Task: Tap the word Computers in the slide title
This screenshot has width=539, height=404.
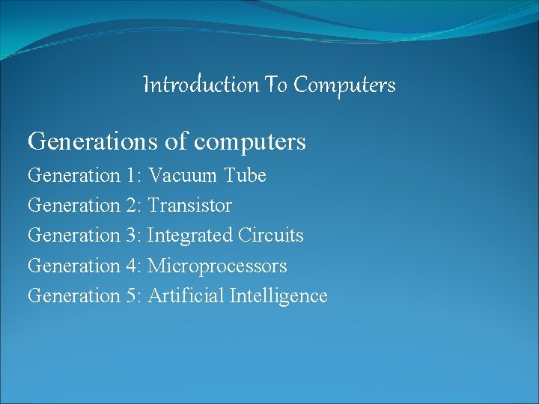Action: pyautogui.click(x=344, y=85)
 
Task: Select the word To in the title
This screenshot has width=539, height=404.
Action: pyautogui.click(x=275, y=85)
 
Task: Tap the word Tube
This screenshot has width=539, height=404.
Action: pyautogui.click(x=245, y=176)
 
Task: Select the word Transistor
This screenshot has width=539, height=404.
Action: pyautogui.click(x=190, y=206)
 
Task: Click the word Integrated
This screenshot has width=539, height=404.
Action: pyautogui.click(x=190, y=236)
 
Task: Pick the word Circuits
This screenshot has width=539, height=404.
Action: pyautogui.click(x=271, y=236)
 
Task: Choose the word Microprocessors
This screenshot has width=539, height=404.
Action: pyautogui.click(x=217, y=266)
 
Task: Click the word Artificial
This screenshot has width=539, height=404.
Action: pyautogui.click(x=186, y=296)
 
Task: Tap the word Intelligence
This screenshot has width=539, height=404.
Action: pyautogui.click(x=278, y=296)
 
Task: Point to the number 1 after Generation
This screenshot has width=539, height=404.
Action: pyautogui.click(x=131, y=176)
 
